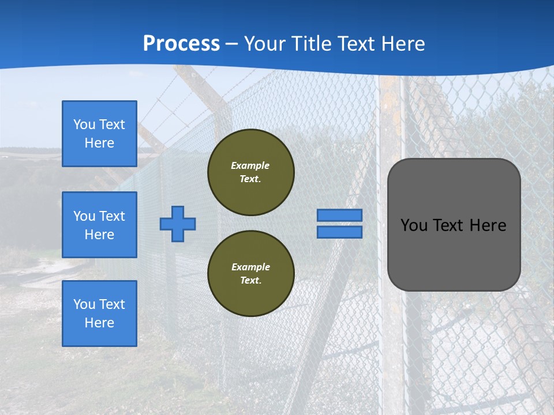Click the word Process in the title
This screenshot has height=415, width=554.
(x=181, y=44)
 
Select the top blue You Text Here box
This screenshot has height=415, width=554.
(x=99, y=134)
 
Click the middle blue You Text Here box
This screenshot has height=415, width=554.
(x=99, y=225)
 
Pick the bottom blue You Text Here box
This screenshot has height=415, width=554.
(x=99, y=313)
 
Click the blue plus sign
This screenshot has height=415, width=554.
(x=178, y=224)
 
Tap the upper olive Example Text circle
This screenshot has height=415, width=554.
(x=250, y=172)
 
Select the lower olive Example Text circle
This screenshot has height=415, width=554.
(x=250, y=273)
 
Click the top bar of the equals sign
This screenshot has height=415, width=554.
(x=339, y=215)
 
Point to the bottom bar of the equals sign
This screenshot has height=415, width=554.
(x=339, y=232)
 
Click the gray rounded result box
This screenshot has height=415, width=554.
(x=454, y=248)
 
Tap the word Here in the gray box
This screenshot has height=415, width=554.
(x=488, y=225)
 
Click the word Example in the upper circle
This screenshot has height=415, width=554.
(x=250, y=165)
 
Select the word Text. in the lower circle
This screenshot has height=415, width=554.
(x=250, y=280)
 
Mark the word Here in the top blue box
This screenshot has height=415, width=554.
(x=99, y=143)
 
